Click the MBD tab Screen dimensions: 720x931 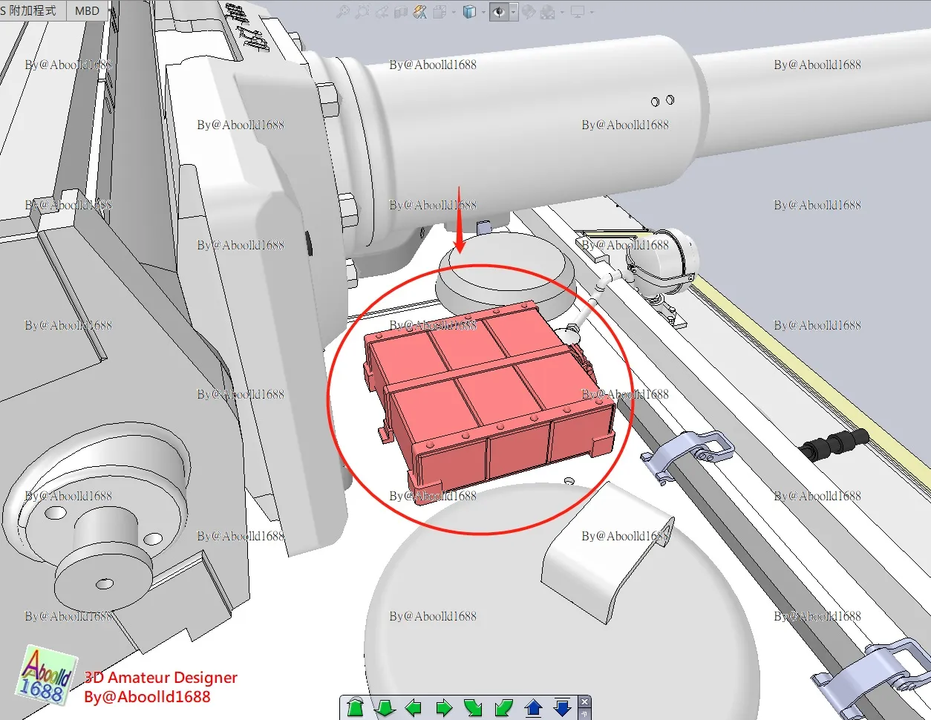tap(87, 11)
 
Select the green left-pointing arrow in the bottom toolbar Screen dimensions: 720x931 tap(414, 707)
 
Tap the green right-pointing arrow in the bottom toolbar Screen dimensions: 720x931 tap(443, 707)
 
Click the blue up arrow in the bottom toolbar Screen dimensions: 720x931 tap(533, 707)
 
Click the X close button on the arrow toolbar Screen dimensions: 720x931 tap(584, 701)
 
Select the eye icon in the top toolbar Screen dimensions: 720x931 tap(499, 12)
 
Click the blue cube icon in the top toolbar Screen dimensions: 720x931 tap(469, 12)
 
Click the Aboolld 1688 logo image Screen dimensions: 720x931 tap(46, 675)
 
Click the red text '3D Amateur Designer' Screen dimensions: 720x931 tap(161, 677)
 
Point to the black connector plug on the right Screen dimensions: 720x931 tap(834, 443)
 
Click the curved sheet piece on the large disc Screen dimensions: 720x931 tap(605, 557)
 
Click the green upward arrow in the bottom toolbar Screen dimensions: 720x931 tap(355, 707)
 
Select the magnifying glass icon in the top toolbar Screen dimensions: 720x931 tap(343, 12)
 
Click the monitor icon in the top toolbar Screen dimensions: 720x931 tap(578, 12)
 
